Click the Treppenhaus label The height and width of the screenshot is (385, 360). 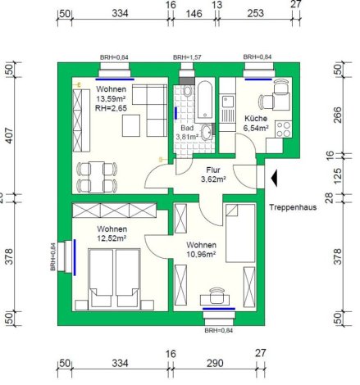(x=293, y=207)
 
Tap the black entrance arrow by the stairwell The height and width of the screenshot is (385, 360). (x=274, y=178)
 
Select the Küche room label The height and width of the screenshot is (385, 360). (x=256, y=119)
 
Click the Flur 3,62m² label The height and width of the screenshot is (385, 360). (x=213, y=174)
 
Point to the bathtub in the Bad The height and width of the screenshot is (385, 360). (x=205, y=100)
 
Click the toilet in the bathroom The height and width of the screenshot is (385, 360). (x=188, y=91)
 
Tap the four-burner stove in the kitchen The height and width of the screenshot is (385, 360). (x=284, y=129)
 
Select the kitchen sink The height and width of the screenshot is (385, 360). (x=228, y=102)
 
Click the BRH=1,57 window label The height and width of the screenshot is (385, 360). (x=187, y=57)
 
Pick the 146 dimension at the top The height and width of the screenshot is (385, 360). (x=194, y=13)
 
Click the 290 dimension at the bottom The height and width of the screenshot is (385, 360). (x=215, y=363)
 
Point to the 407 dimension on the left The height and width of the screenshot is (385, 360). (x=9, y=135)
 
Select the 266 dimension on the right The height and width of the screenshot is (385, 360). (x=338, y=115)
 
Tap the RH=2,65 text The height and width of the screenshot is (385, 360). (x=111, y=108)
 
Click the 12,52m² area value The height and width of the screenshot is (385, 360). (x=112, y=238)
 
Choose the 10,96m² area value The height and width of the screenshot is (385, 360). (x=201, y=255)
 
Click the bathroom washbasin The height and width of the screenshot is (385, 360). (x=206, y=132)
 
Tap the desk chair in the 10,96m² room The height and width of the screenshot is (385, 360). (x=217, y=295)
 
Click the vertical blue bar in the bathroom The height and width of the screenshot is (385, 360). (x=175, y=113)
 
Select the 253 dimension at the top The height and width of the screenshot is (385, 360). (x=256, y=13)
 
